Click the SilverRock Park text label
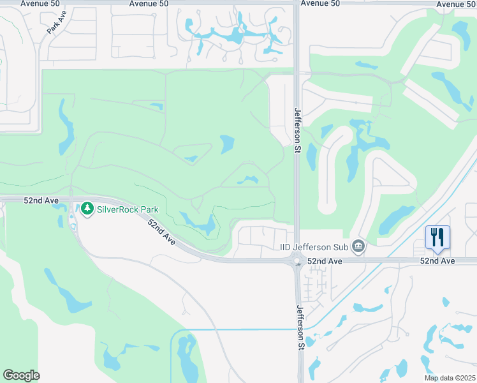127,208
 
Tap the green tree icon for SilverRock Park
87,208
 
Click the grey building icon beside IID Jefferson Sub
358,246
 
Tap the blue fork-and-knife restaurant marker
437,237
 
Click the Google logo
21,375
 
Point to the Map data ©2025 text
449,378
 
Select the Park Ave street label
57,22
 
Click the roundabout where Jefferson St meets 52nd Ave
297,260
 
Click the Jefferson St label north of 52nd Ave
297,130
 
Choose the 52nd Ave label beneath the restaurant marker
437,261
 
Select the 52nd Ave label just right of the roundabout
325,261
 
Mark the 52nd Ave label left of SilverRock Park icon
41,200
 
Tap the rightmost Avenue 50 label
457,4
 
